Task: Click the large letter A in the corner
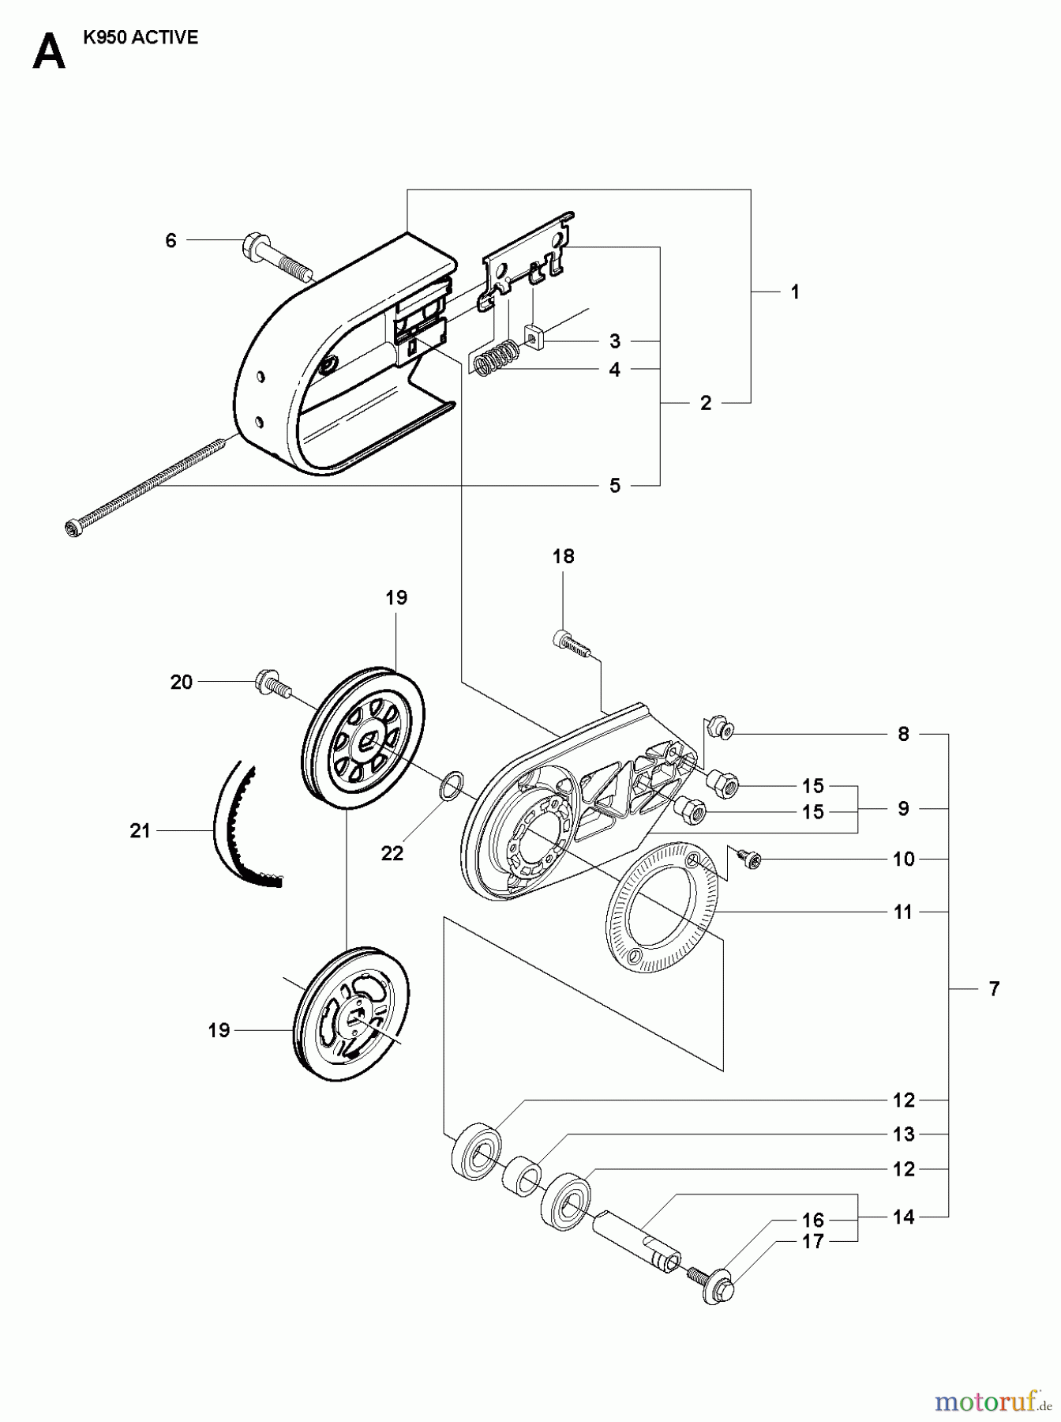pyautogui.click(x=49, y=54)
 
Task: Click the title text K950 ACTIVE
pyautogui.click(x=141, y=38)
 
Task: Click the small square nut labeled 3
pyautogui.click(x=536, y=337)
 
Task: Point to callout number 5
pyautogui.click(x=614, y=485)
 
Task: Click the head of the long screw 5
pyautogui.click(x=72, y=527)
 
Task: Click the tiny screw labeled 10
pyautogui.click(x=748, y=857)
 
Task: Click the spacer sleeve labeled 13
pyautogui.click(x=521, y=1172)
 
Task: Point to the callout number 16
pyautogui.click(x=812, y=1221)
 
